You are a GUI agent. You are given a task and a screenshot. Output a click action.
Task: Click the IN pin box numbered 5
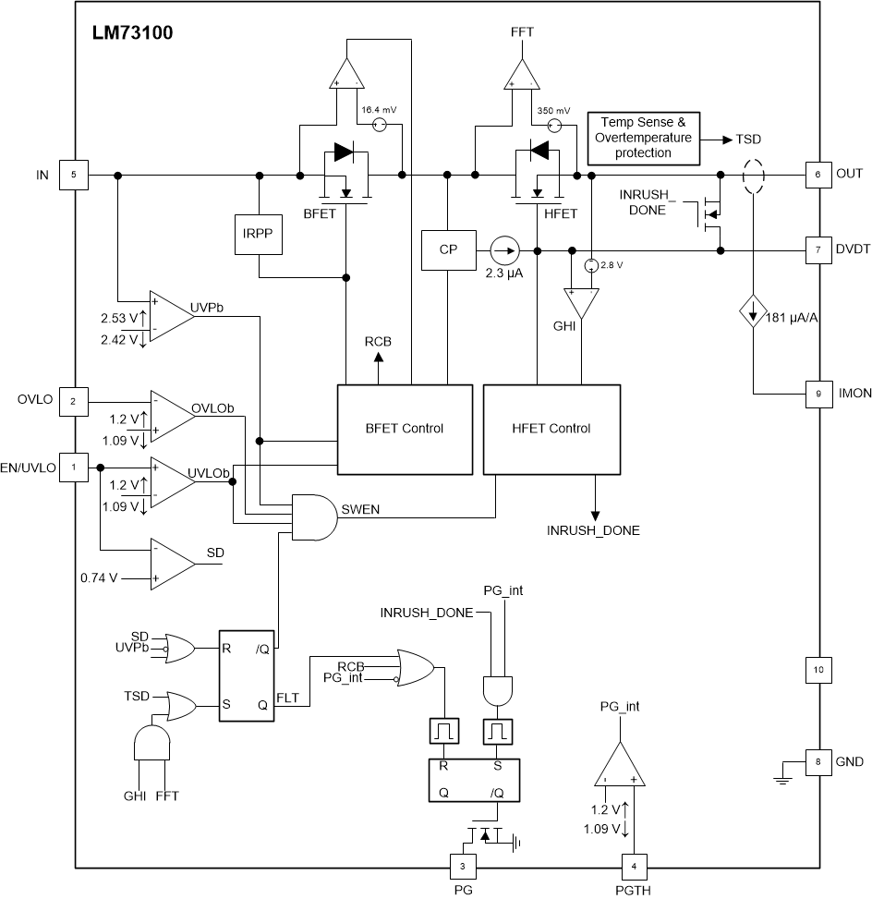74,174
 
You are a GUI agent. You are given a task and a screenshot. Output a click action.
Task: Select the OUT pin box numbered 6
817,174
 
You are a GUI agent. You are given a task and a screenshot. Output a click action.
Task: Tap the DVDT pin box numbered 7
817,250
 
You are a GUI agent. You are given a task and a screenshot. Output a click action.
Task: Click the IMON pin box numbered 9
817,394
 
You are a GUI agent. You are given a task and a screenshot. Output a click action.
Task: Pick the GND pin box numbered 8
817,763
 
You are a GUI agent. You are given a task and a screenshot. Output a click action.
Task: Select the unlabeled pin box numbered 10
817,669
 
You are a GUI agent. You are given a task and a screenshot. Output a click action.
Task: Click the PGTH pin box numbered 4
633,867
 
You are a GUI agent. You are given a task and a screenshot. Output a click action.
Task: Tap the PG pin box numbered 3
462,867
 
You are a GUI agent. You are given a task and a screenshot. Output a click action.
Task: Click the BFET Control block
405,429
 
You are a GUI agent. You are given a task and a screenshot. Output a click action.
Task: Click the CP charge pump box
447,250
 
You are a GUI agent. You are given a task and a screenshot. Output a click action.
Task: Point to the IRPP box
259,237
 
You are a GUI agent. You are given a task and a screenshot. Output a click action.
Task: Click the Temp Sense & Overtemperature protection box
644,138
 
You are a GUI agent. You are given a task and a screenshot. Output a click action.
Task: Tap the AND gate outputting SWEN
313,515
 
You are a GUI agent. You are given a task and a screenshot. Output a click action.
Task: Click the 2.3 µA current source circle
504,250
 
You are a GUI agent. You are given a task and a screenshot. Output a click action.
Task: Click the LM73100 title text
132,33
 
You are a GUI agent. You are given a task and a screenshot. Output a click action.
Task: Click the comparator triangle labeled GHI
581,303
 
